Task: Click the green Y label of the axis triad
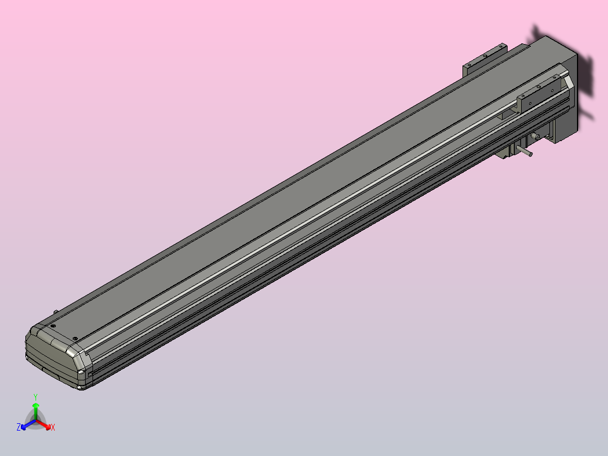point(36,397)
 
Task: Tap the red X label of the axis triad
point(53,428)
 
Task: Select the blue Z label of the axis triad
point(19,428)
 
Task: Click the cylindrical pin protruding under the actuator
point(526,151)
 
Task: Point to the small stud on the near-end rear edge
point(55,311)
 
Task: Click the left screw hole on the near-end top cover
point(52,326)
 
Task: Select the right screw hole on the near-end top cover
point(76,339)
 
